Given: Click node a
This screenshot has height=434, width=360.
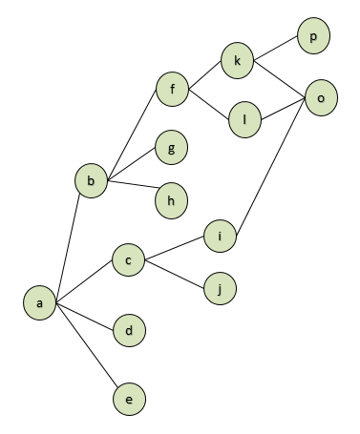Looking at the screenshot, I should tap(40, 303).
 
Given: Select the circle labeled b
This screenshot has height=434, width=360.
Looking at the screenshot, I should tap(91, 179).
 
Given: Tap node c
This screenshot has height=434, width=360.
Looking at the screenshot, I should tap(127, 258).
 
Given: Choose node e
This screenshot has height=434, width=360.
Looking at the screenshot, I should tap(128, 400).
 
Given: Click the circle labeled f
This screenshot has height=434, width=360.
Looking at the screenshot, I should tap(174, 92).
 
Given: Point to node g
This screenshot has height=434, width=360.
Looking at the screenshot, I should tap(172, 148).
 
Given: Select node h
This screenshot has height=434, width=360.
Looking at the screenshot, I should tap(172, 200).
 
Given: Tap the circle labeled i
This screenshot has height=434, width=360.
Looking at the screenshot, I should tap(220, 236).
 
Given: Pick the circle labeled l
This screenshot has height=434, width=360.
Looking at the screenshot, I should tap(244, 120).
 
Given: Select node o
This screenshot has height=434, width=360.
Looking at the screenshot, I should tap(321, 97).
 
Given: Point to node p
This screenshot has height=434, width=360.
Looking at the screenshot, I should tap(313, 37).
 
